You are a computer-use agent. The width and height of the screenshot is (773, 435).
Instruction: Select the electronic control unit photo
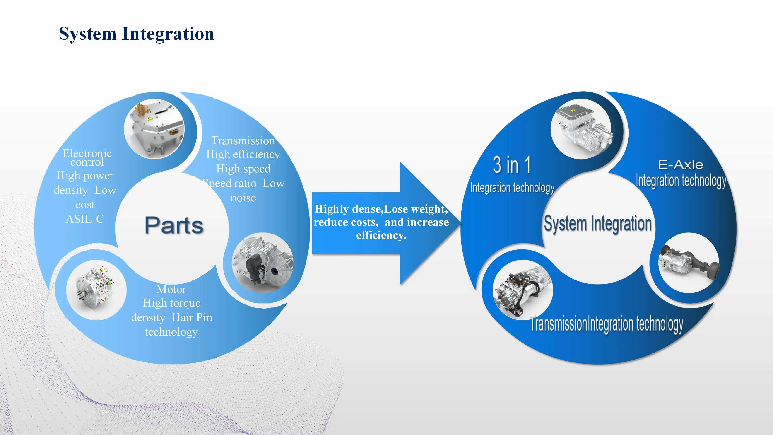154,129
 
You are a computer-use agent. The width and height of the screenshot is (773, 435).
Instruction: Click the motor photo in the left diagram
96,290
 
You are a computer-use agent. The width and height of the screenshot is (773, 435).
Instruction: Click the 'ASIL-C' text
85,219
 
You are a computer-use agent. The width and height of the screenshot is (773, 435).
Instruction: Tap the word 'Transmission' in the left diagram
243,140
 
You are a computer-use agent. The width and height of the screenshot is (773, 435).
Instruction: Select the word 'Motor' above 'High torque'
171,289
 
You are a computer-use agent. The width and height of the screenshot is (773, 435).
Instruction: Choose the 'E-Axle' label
681,164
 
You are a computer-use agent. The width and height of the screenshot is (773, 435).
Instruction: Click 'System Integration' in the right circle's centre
598,224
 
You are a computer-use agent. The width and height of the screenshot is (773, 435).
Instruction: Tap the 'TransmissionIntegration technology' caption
607,324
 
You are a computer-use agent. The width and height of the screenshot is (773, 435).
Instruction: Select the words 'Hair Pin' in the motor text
192,317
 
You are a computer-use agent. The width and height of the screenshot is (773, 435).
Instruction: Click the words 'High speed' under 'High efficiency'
243,169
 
